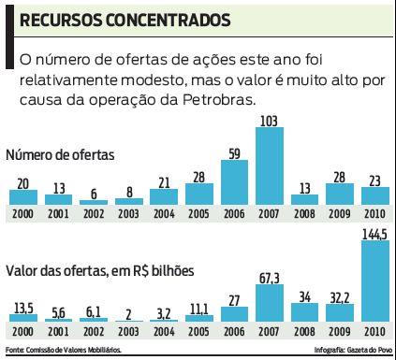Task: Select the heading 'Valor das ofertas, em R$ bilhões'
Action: click(x=103, y=270)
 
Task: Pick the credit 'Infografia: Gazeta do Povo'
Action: click(x=350, y=351)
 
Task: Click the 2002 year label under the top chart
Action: click(x=94, y=212)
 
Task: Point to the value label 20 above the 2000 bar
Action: click(x=23, y=182)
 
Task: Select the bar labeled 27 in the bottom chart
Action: click(x=234, y=316)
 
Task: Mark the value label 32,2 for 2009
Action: click(x=340, y=297)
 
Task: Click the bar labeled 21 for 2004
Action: click(x=164, y=196)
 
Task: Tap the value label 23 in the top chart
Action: click(x=374, y=180)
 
